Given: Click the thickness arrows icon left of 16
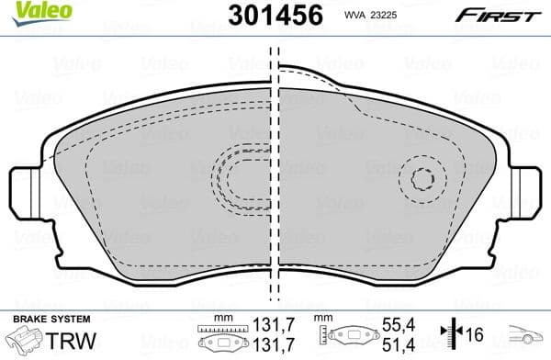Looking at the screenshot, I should [447, 335].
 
